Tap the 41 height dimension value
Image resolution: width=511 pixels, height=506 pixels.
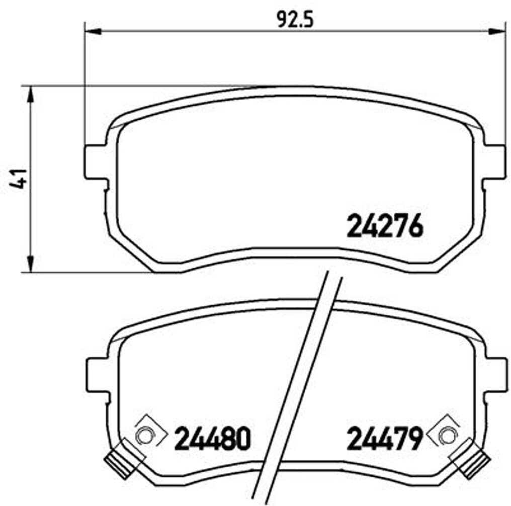click(19, 179)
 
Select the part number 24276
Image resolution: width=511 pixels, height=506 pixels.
click(384, 227)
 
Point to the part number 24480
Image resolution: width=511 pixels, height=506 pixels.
click(212, 439)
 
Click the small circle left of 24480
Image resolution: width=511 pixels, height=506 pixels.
click(145, 435)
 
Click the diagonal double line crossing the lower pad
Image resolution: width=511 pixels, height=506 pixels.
click(297, 387)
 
